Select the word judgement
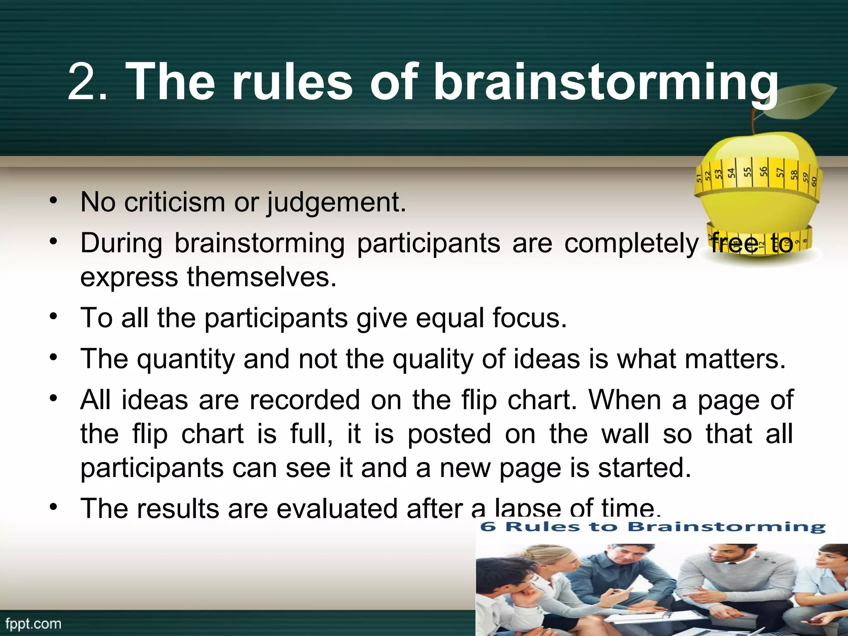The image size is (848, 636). pos(335,203)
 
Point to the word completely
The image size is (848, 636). pos(631,243)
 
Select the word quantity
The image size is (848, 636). pos(186,359)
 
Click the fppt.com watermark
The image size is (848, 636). pos(33,624)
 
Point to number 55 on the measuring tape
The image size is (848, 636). pos(747,172)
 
